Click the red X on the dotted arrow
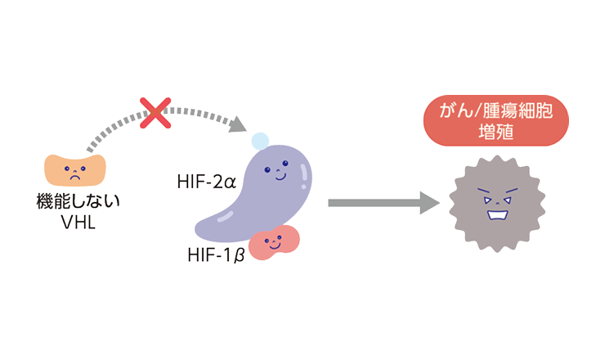click(x=155, y=113)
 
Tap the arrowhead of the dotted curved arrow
click(x=238, y=124)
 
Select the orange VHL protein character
click(x=75, y=170)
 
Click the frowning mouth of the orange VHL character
click(x=75, y=177)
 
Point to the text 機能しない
click(x=78, y=200)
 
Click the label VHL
click(x=78, y=222)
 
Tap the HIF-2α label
click(x=206, y=182)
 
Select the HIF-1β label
click(x=216, y=255)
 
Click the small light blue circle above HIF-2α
click(x=260, y=141)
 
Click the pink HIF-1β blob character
click(x=274, y=242)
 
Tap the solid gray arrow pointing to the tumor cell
click(x=384, y=203)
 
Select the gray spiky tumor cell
click(x=497, y=204)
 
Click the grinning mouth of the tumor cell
click(x=497, y=214)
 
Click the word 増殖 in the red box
click(x=496, y=132)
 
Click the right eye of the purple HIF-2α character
click(x=285, y=164)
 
